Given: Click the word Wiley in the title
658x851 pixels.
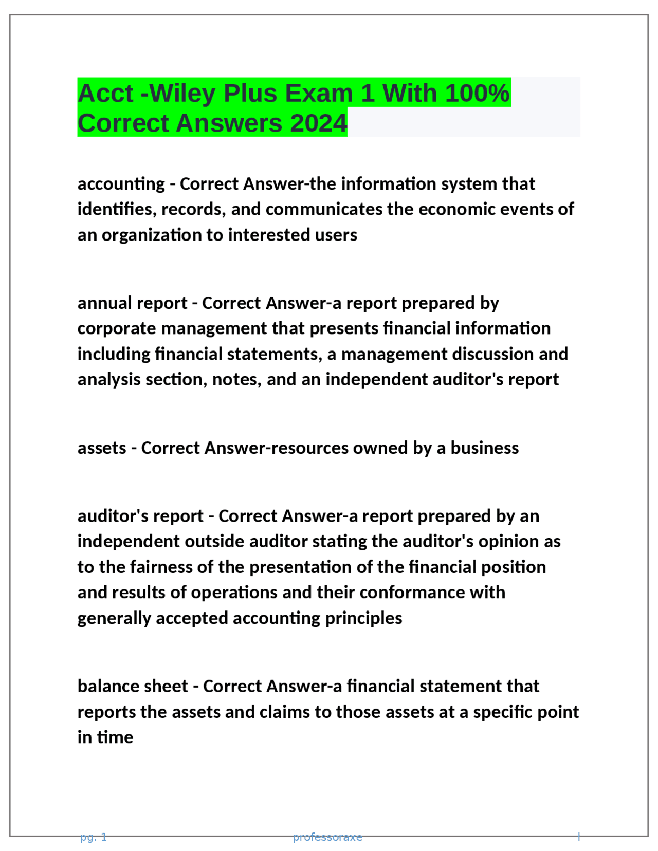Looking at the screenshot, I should [182, 94].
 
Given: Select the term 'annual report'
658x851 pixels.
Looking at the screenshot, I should [132, 303].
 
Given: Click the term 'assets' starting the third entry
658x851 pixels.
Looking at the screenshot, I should [102, 448].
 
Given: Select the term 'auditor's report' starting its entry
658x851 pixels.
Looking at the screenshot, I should [140, 516].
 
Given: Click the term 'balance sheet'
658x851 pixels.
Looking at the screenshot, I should [133, 687].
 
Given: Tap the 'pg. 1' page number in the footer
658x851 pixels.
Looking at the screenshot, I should [94, 837].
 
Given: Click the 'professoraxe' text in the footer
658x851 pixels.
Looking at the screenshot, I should [327, 837].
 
